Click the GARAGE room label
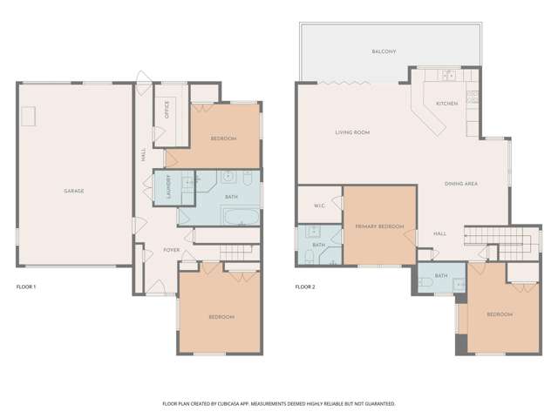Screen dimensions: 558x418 (x=74, y=191)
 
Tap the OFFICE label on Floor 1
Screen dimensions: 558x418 (x=167, y=110)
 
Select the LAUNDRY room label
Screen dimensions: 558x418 (x=168, y=186)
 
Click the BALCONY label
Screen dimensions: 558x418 (x=384, y=51)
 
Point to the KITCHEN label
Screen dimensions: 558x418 (x=447, y=104)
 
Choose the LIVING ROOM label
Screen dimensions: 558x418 (x=352, y=132)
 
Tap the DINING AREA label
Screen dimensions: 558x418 (x=461, y=184)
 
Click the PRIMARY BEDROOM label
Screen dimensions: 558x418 (x=380, y=226)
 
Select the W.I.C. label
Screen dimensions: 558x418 (x=319, y=206)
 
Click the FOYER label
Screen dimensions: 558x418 (x=172, y=250)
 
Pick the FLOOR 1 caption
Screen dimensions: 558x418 (x=26, y=287)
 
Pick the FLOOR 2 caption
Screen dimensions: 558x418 (x=305, y=287)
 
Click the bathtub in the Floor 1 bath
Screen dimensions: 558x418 (x=242, y=217)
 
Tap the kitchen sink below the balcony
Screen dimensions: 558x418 (x=449, y=75)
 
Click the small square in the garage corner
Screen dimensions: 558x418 (x=29, y=116)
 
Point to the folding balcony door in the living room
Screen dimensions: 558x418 (x=344, y=83)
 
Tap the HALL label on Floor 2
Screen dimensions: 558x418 (x=439, y=233)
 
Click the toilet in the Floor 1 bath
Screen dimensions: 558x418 (x=248, y=178)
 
